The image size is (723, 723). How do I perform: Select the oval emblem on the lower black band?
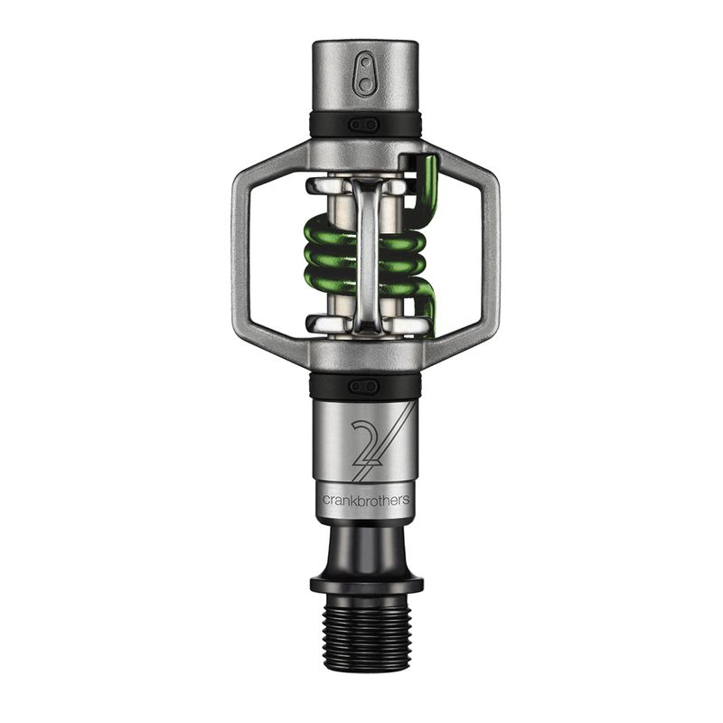pyautogui.click(x=365, y=386)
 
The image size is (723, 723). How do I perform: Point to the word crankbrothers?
pyautogui.click(x=364, y=499)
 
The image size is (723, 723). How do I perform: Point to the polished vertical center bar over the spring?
pyautogui.click(x=365, y=253)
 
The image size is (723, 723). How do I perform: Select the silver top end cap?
pyautogui.click(x=365, y=77)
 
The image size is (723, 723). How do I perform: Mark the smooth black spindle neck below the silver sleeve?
pyautogui.click(x=365, y=547)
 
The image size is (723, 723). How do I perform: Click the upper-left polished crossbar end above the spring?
pyautogui.click(x=322, y=185)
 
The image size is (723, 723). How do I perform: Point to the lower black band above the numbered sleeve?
pyautogui.click(x=398, y=387)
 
